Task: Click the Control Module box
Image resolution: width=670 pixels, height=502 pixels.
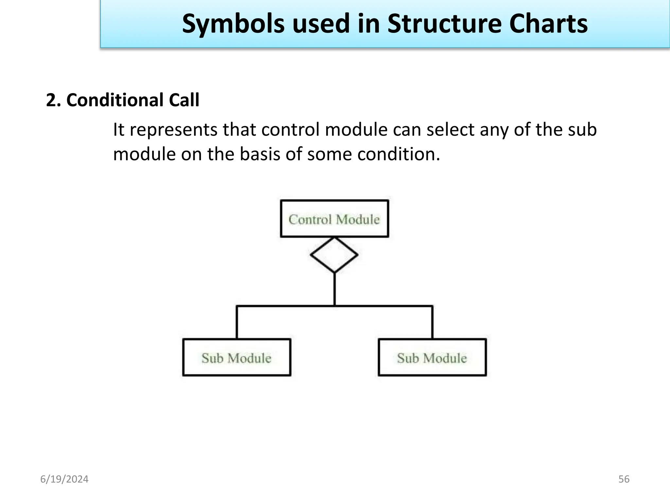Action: (x=334, y=219)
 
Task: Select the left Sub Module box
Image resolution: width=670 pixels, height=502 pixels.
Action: (x=237, y=358)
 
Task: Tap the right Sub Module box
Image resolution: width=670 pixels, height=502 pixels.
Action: (x=432, y=358)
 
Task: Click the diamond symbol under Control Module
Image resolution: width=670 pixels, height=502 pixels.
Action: (x=334, y=255)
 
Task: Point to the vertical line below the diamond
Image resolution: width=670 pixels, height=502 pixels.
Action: (x=334, y=289)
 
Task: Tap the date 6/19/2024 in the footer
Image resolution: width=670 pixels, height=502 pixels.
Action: (x=64, y=479)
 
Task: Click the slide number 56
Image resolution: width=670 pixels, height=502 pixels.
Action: (x=624, y=479)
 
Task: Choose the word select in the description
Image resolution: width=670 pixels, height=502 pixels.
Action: (x=450, y=130)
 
